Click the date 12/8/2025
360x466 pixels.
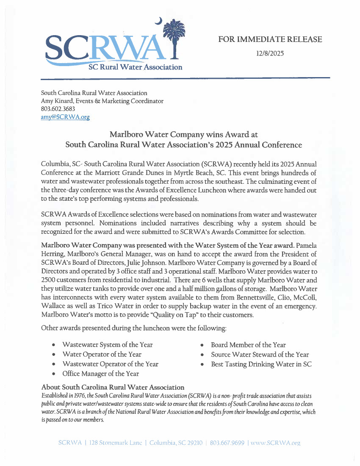coord(270,53)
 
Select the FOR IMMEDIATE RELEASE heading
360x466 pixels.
coord(270,39)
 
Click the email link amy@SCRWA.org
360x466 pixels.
coord(65,117)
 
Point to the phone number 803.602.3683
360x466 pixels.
coord(58,109)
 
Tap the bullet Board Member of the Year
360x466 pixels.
coord(248,345)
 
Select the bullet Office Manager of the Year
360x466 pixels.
coord(100,374)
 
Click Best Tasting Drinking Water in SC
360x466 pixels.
coord(261,364)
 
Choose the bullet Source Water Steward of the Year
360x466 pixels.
coord(260,355)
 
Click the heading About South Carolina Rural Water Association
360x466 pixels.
coord(113,387)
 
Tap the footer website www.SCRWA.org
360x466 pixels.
coord(276,443)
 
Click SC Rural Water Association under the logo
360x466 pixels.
coord(135,67)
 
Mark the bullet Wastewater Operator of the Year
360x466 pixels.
coord(110,364)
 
